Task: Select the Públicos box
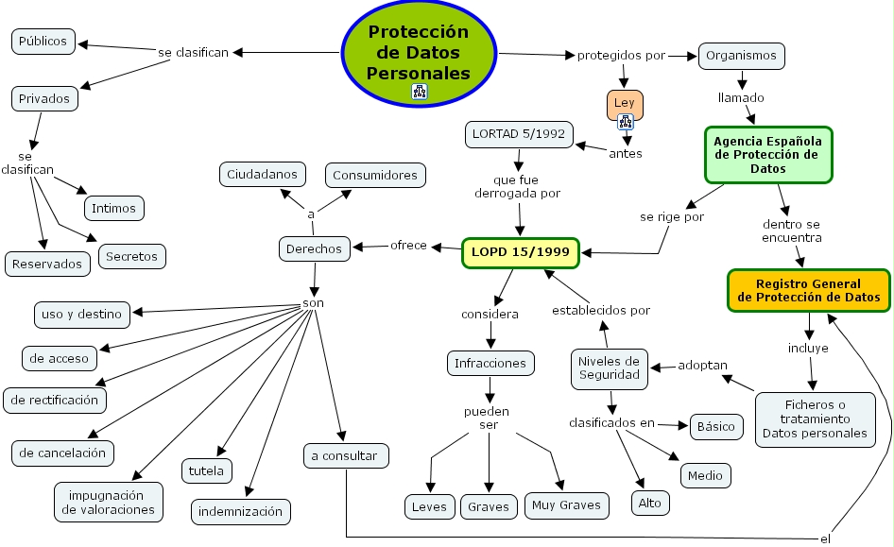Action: tap(43, 42)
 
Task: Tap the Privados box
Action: tap(43, 97)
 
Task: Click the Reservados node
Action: tap(48, 264)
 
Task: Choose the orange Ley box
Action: tap(625, 102)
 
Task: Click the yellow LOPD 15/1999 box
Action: tap(519, 253)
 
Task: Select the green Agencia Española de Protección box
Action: tap(768, 154)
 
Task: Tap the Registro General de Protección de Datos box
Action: tap(808, 290)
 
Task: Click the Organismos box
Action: tap(741, 56)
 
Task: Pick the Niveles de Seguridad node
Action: tap(609, 368)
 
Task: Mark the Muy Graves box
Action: tap(566, 505)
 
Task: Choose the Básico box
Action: tap(715, 426)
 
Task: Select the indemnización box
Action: tap(241, 511)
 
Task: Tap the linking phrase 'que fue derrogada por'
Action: tap(517, 186)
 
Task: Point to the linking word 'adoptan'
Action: tap(703, 366)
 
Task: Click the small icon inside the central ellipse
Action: tap(420, 92)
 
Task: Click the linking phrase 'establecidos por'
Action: tap(601, 310)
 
